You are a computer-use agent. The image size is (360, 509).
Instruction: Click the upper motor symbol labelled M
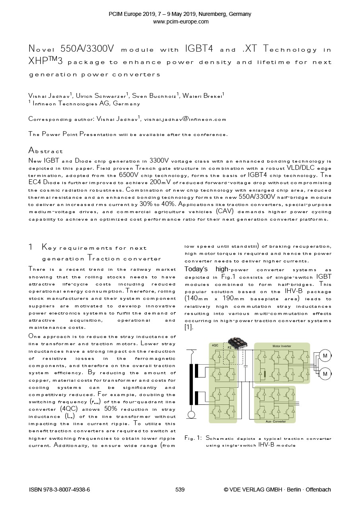pos(325,356)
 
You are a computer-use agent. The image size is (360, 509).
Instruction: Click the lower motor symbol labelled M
pos(325,374)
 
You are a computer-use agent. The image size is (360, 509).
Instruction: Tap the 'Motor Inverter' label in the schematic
pos(281,346)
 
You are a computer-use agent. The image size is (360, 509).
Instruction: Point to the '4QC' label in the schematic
pos(215,346)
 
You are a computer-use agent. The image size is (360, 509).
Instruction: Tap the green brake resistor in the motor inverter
pos(264,374)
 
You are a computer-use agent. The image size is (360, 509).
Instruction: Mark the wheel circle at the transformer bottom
pos(191,415)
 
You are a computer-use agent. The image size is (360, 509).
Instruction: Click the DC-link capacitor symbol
pos(245,363)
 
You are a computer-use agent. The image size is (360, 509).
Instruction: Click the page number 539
pos(180,490)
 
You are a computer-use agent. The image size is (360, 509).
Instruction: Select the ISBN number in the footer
pos(60,490)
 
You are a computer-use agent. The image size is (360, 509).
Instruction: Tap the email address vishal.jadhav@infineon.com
pos(185,119)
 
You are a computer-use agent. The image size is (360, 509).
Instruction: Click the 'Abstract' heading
pos(46,151)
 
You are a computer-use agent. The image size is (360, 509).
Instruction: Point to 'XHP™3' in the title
pos(46,62)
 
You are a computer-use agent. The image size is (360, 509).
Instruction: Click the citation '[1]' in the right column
pos(188,327)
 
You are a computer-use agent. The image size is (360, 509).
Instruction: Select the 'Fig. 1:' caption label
pos(193,438)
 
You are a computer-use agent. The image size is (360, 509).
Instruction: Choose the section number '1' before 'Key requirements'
pos(31,247)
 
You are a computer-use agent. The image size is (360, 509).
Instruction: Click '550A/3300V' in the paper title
pos(87,49)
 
